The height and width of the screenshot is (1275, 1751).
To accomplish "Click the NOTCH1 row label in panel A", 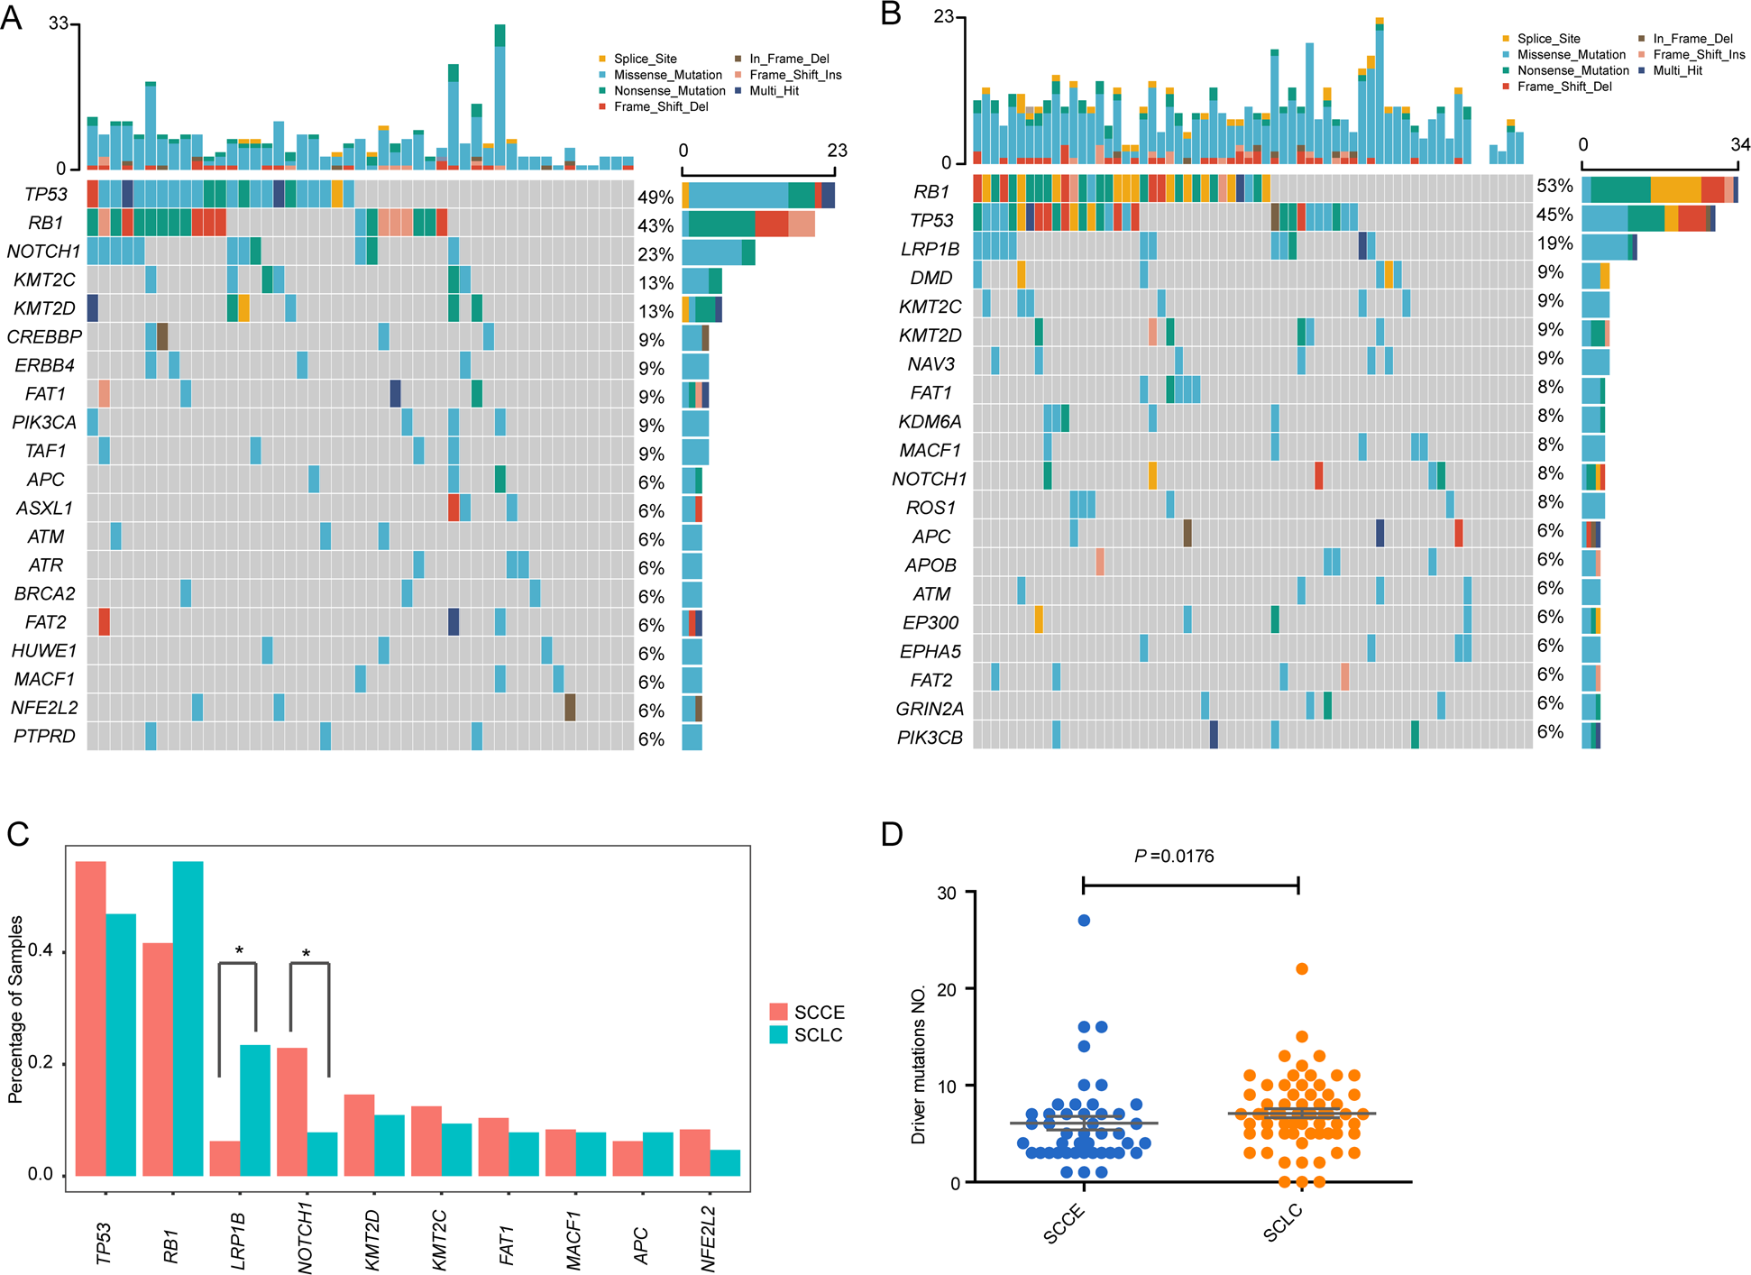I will [43, 252].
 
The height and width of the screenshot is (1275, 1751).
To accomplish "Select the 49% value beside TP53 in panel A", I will [655, 197].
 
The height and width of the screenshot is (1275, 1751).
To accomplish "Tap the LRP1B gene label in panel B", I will [930, 249].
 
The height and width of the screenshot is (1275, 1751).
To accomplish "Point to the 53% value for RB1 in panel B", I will [1554, 186].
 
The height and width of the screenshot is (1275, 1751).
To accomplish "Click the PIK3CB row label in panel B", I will [930, 738].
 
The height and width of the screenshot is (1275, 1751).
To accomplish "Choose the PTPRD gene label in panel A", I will [44, 737].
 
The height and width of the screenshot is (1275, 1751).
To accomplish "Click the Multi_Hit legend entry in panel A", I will [774, 91].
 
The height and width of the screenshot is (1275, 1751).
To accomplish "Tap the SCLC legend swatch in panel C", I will [779, 1035].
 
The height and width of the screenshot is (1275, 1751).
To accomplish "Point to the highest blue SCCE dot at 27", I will [1084, 921].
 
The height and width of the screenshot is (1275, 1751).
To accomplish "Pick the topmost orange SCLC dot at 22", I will [1302, 969].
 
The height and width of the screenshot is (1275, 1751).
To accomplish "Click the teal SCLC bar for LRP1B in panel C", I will [255, 1110].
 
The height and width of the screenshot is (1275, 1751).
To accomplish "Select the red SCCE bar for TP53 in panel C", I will [90, 1019].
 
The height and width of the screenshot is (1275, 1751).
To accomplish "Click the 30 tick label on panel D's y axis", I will [947, 893].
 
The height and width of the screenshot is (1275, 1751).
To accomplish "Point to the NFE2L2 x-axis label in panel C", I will [709, 1239].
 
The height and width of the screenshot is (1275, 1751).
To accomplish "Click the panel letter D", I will [891, 834].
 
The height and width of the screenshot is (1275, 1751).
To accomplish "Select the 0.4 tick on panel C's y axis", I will [41, 951].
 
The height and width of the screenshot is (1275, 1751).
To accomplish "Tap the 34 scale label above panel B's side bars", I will [1739, 145].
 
